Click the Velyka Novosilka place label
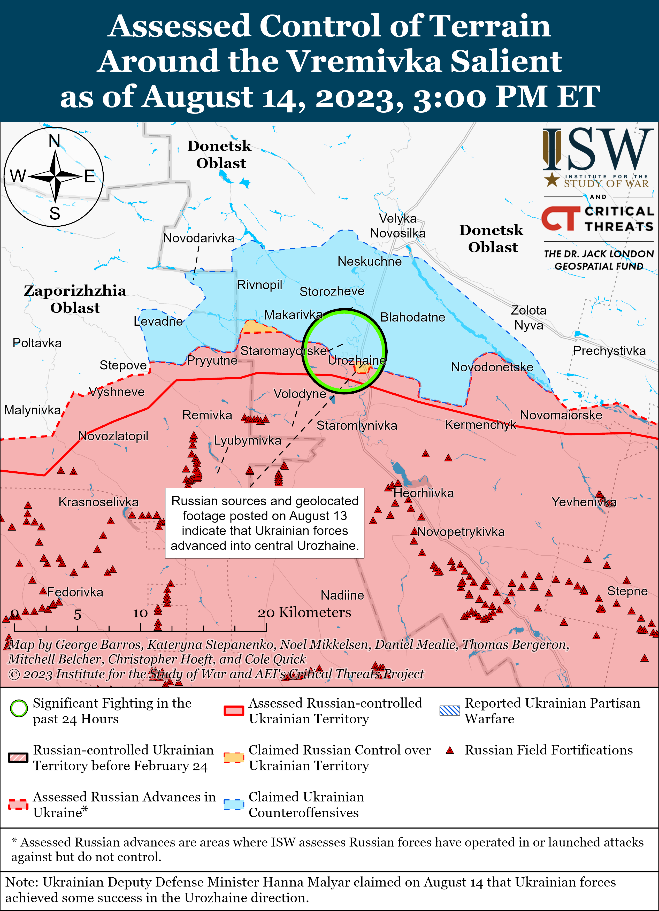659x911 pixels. tap(397, 226)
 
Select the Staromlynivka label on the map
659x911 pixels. tap(357, 425)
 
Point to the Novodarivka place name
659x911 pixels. tap(199, 238)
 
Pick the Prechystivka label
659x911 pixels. tap(609, 351)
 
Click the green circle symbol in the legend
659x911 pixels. tap(19, 709)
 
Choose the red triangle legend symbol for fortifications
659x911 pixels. tap(450, 750)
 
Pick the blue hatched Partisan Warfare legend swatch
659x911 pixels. tap(449, 710)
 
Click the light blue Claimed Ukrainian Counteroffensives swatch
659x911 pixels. tap(234, 805)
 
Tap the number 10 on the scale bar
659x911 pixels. tap(140, 613)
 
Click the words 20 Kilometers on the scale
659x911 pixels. tap(304, 613)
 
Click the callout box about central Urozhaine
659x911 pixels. tap(265, 523)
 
